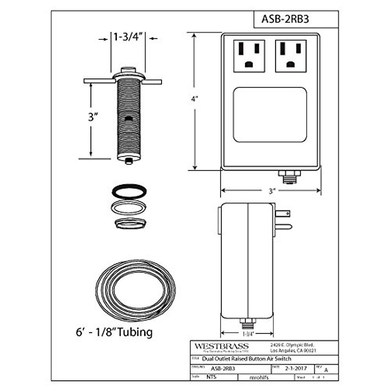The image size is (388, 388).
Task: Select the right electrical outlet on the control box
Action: pos(291,56)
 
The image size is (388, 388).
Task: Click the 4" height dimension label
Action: pos(194,99)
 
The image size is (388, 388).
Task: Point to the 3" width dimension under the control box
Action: pos(271,191)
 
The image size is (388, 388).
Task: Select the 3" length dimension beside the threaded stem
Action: pos(93,117)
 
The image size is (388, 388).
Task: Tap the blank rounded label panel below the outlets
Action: pos(270,114)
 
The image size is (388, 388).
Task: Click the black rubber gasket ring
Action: pos(129,191)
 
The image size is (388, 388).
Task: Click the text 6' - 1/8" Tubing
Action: pos(114,332)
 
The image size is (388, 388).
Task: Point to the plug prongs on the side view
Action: pos(283,220)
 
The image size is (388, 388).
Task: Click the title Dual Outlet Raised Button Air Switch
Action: pos(246,359)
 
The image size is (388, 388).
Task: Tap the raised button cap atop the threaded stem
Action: pos(128,70)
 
